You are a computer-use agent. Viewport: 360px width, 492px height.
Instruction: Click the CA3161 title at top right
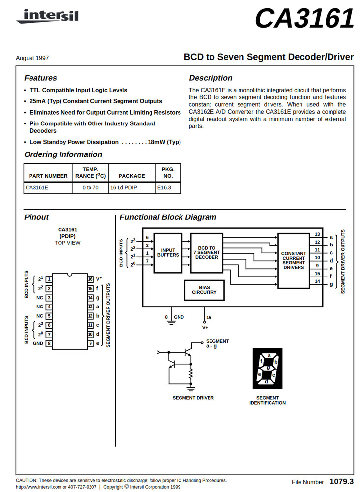coord(304,20)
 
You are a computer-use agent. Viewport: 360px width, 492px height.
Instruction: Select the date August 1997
coord(32,58)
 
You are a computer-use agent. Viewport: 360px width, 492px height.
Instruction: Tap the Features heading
coord(40,78)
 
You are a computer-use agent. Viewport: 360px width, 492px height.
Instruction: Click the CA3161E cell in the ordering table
coord(37,187)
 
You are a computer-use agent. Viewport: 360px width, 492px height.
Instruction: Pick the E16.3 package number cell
coord(164,187)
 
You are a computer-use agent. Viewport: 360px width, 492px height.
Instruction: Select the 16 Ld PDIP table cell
coord(123,187)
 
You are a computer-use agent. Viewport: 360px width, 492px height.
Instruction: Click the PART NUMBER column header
coord(48,176)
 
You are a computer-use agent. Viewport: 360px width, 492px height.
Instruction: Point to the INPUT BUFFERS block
coord(168,253)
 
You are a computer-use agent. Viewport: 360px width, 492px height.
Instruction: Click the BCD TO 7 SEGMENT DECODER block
coord(207,253)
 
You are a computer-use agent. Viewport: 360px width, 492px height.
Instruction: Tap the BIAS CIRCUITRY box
coord(204,290)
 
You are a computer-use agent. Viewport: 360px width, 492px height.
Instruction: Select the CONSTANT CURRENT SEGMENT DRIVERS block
coord(294,261)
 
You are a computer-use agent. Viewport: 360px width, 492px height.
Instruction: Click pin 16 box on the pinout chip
coord(90,279)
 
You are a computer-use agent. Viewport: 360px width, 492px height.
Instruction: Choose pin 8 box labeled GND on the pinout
coord(49,343)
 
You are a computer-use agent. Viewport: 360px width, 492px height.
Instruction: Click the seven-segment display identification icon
coord(268,369)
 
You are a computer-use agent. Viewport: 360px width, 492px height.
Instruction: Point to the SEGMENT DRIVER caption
coord(193,398)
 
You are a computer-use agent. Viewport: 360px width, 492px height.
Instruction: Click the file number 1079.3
coord(341,481)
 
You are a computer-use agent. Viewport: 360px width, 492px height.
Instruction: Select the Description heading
coord(210,78)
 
